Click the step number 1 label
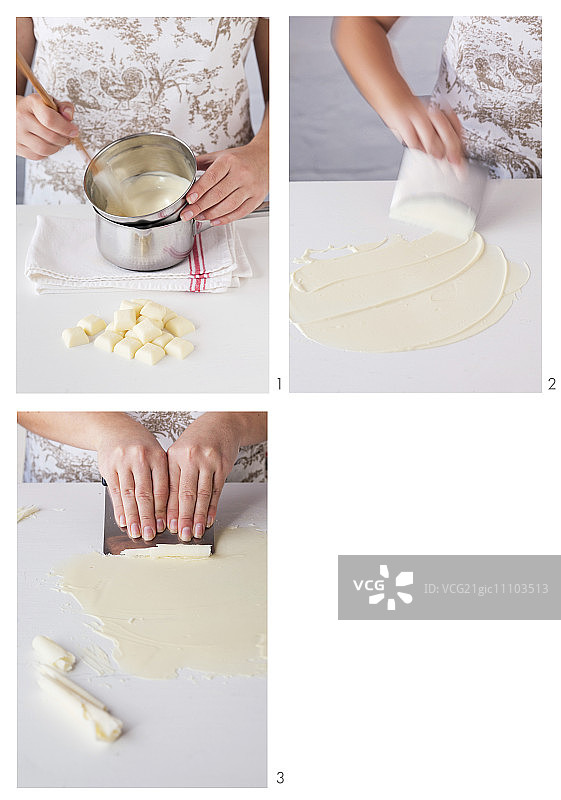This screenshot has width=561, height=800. coord(279,383)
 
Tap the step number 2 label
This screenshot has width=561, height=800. coord(552,383)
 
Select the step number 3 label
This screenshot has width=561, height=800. coord(280,778)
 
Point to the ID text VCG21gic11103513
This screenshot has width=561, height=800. coord(486,588)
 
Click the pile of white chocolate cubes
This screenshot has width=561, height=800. coord(129,332)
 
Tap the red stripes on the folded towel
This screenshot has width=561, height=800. coord(198,265)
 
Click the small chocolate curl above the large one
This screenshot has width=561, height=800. coord(53,653)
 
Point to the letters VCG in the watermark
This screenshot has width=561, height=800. coord(368,585)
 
